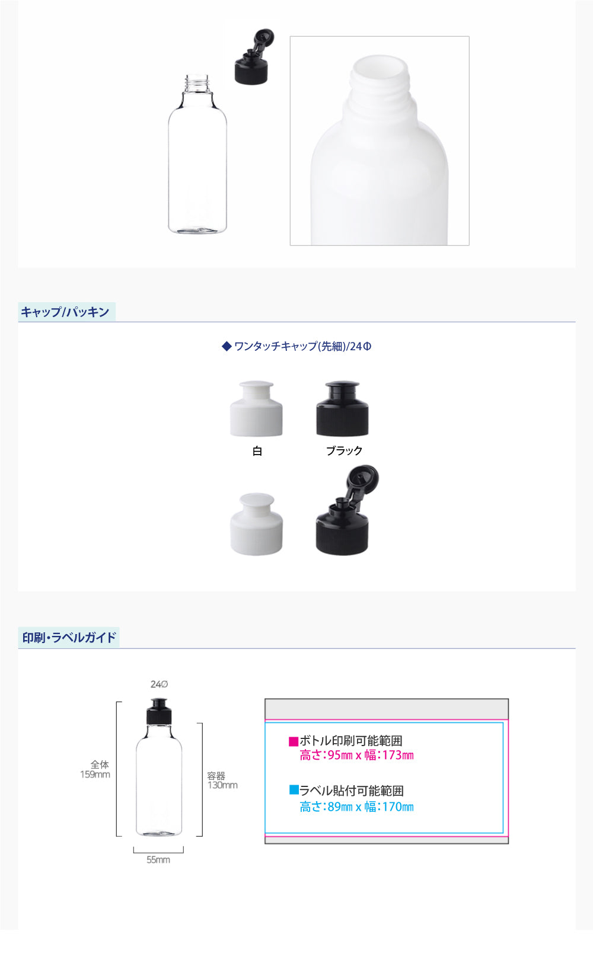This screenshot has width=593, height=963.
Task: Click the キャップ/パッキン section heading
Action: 65,312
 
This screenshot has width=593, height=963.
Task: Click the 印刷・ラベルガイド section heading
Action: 69,637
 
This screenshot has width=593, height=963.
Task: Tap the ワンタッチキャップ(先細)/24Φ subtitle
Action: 296,346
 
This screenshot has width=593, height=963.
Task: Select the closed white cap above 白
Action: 256,408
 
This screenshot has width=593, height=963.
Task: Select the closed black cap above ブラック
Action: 342,408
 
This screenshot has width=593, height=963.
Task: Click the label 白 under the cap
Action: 257,450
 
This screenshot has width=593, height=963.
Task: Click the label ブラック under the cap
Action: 345,450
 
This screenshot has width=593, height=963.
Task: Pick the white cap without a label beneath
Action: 257,524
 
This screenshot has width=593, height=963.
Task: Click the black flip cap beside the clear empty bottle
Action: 253,56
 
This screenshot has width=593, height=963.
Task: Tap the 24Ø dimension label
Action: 160,684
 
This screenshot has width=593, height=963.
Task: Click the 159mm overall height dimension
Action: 95,775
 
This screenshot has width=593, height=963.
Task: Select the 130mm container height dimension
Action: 222,785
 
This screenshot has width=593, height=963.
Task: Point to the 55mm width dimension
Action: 158,859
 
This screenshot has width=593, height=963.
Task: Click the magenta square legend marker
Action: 294,741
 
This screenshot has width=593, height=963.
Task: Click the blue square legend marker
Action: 294,789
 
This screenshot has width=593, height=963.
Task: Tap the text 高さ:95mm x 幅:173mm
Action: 357,756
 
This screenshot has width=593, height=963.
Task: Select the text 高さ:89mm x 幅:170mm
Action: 357,807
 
